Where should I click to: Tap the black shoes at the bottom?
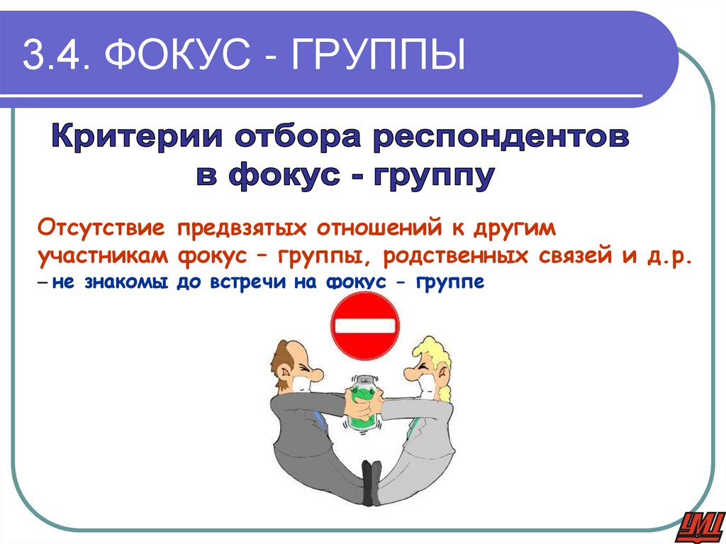[371, 483]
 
